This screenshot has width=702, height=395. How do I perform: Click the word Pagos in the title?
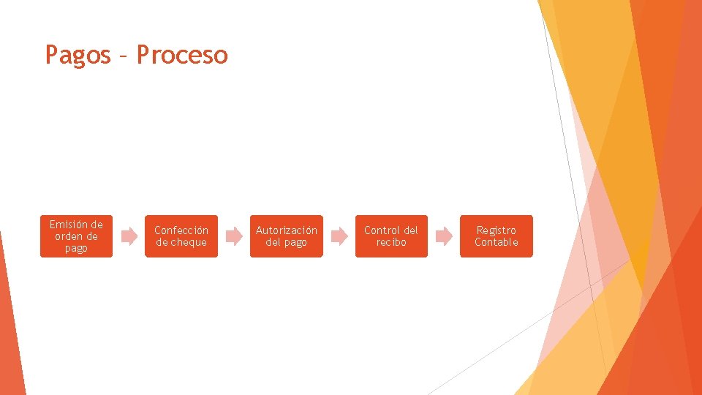pyautogui.click(x=78, y=55)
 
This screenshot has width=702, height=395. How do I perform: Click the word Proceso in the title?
pyautogui.click(x=182, y=55)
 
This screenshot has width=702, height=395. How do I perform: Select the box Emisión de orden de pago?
pyautogui.click(x=76, y=236)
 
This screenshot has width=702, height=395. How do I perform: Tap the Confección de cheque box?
pyautogui.click(x=181, y=236)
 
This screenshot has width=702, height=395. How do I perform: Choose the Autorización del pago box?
pyautogui.click(x=286, y=236)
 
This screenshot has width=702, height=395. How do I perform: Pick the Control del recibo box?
pyautogui.click(x=391, y=236)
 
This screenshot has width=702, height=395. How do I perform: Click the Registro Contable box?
pyautogui.click(x=496, y=236)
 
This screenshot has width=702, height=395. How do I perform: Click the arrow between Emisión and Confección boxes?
pyautogui.click(x=129, y=236)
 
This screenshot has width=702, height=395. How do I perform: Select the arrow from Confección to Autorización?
pyautogui.click(x=233, y=236)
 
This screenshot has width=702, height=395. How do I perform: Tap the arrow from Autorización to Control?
pyautogui.click(x=339, y=236)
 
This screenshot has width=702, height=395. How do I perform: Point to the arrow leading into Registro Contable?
pyautogui.click(x=444, y=236)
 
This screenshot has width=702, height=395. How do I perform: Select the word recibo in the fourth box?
pyautogui.click(x=391, y=242)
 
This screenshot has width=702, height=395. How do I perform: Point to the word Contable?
pyautogui.click(x=496, y=242)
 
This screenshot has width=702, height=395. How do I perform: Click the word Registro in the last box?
pyautogui.click(x=496, y=230)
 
